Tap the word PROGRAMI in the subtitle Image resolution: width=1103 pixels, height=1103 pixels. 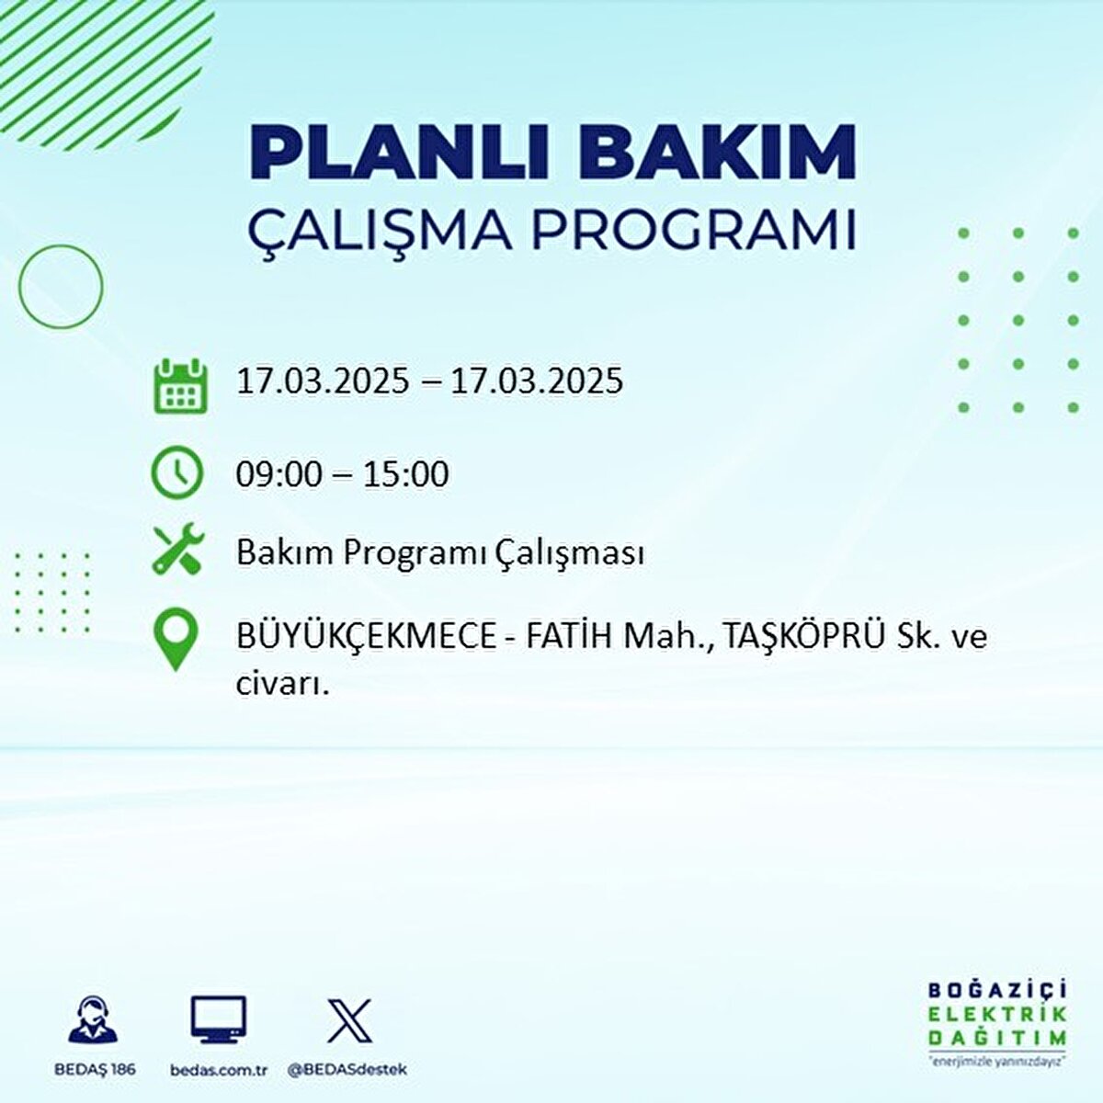point(693,231)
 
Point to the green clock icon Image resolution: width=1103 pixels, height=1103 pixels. point(176,472)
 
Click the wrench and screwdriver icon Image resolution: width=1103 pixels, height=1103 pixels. point(177,550)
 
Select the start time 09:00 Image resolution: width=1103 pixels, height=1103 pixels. point(279,474)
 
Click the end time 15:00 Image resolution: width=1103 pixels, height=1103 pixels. point(405,474)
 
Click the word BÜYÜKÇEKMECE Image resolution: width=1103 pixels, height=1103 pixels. point(366,636)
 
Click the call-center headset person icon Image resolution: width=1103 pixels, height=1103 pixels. point(93,1021)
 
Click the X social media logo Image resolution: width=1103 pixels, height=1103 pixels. point(349,1020)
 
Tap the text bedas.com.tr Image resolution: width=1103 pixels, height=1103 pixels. point(219,1070)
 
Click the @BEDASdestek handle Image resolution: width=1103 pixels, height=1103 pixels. point(347,1070)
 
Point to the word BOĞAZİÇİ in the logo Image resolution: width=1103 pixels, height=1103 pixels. point(997,991)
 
